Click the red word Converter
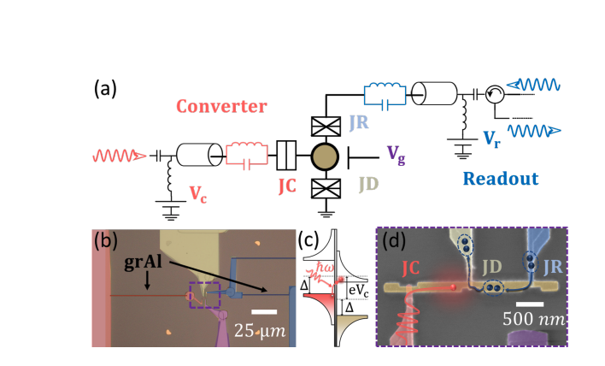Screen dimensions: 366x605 pos(222,107)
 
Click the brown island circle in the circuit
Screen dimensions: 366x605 pos(325,157)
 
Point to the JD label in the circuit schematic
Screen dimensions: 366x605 pos(368,181)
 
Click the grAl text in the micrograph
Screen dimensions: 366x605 pos(139,254)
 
